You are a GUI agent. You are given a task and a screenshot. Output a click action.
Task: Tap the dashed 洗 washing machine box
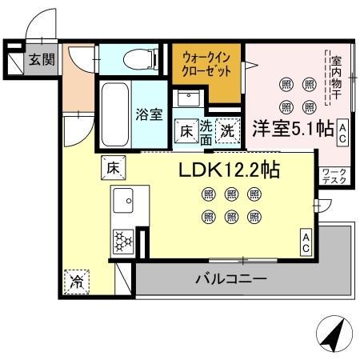tap(228, 128)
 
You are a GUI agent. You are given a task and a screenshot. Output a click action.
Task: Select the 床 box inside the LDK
tap(111, 168)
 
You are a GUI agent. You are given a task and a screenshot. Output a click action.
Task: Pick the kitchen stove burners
tap(124, 239)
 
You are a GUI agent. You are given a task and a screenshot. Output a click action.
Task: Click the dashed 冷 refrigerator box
tap(76, 282)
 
